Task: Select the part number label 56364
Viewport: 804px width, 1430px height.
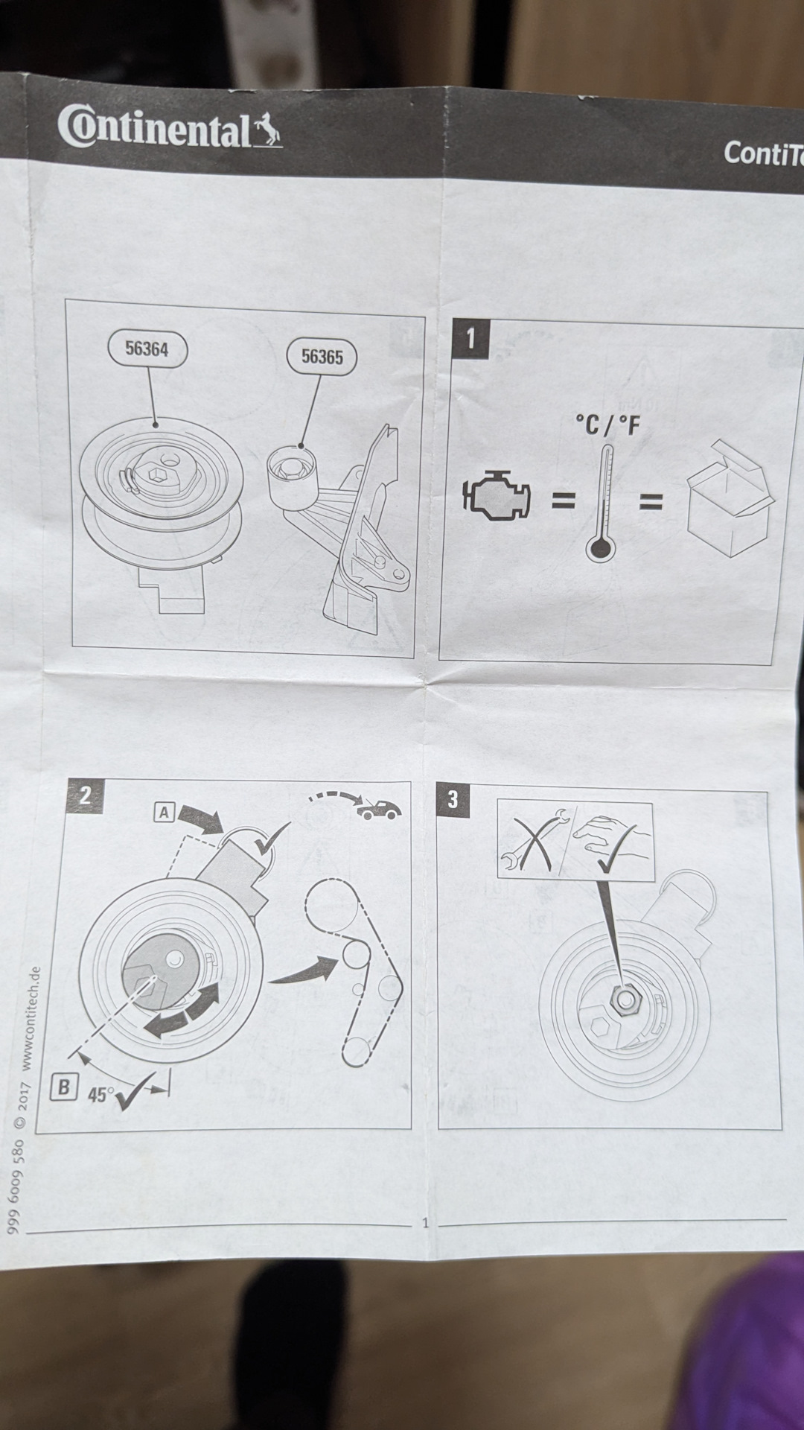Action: click(147, 349)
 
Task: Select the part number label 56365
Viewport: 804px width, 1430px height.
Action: click(322, 357)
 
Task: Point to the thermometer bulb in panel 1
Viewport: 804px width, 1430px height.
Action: click(600, 550)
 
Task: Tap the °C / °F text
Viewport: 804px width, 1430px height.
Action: click(607, 426)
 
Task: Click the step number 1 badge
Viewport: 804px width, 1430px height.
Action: click(470, 340)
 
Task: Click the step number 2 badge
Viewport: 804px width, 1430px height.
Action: click(85, 795)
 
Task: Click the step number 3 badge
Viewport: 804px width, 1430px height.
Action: click(453, 800)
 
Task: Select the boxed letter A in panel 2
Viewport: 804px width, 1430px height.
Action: click(164, 812)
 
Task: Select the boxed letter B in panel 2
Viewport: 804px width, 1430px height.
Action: click(64, 1088)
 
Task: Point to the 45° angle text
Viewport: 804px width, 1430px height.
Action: click(101, 1095)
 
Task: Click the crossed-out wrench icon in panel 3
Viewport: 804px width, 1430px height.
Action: click(534, 839)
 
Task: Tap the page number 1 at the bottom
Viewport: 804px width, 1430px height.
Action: click(425, 1222)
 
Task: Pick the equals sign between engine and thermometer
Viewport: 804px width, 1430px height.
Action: click(563, 500)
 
